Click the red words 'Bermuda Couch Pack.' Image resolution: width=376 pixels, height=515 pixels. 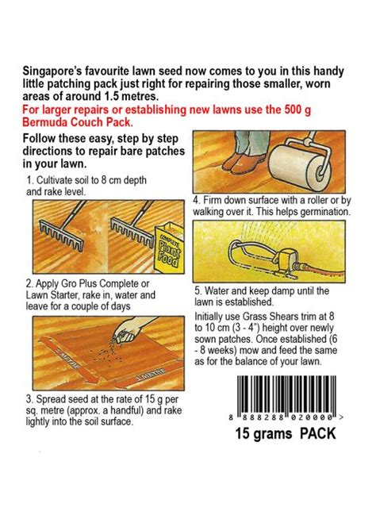click(x=78, y=122)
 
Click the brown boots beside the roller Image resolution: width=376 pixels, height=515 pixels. click(x=244, y=163)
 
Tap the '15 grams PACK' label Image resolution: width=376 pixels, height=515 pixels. click(x=286, y=433)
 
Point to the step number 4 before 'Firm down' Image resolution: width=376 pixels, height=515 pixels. click(x=197, y=200)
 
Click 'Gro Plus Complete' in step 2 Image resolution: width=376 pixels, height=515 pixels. click(x=88, y=284)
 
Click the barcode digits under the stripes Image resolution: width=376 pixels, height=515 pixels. click(x=286, y=417)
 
